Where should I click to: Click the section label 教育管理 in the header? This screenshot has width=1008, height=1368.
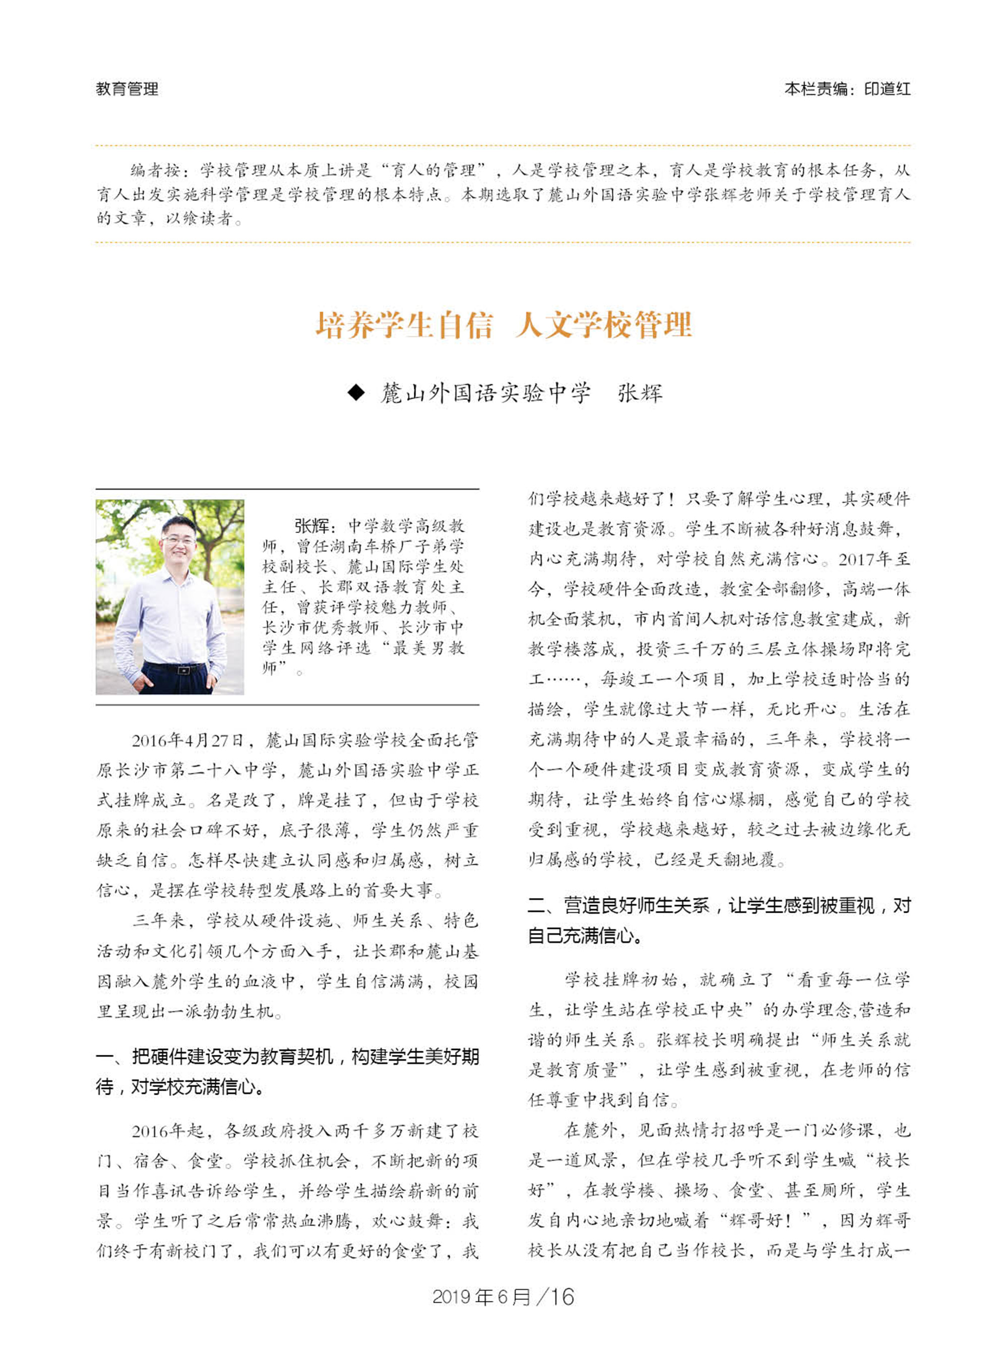point(127,89)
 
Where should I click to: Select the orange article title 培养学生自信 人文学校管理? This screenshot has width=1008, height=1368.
point(503,325)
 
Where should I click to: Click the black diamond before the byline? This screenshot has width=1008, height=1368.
point(356,392)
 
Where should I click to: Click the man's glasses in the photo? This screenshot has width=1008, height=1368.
point(178,540)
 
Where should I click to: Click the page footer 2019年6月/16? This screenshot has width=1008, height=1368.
point(503,1296)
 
